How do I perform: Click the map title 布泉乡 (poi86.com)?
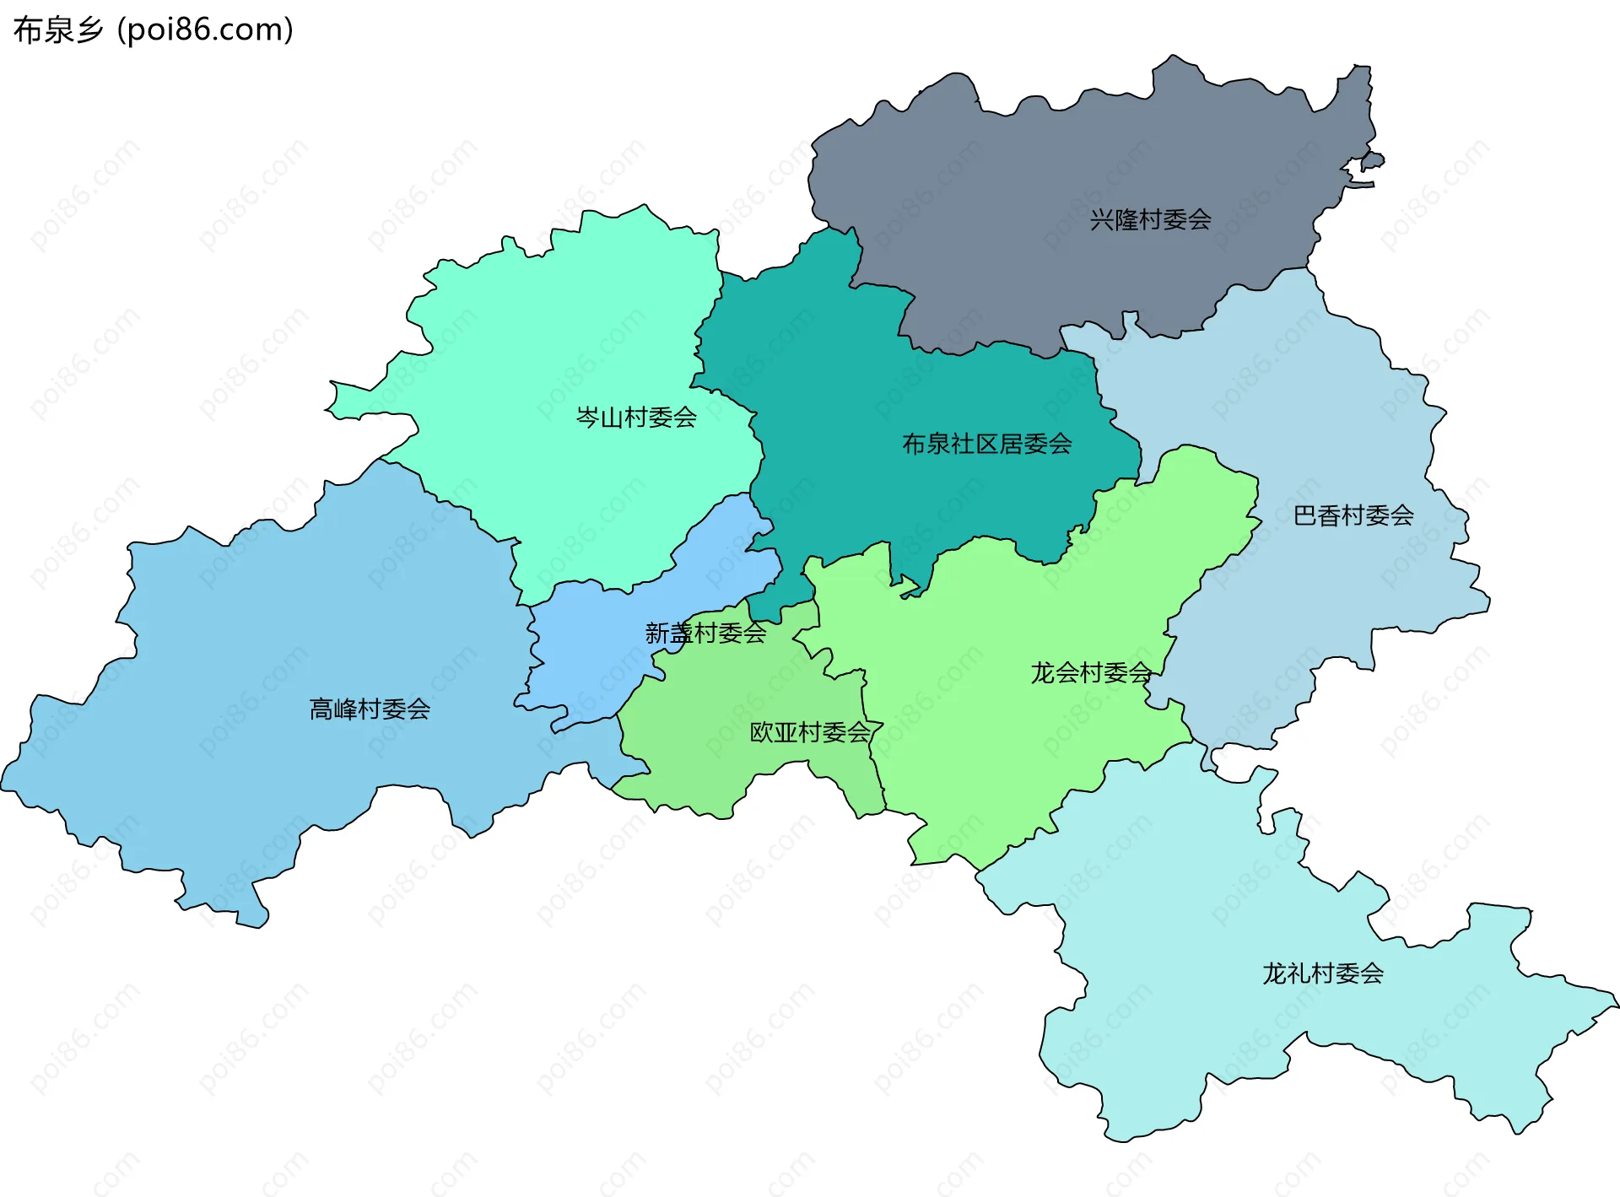click(x=154, y=30)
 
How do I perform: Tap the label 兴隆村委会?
click(x=1150, y=220)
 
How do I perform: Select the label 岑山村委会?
click(x=636, y=417)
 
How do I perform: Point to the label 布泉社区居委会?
click(x=987, y=444)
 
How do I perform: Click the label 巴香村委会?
click(x=1353, y=515)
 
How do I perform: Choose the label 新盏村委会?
click(x=705, y=633)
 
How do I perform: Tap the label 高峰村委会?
click(x=370, y=709)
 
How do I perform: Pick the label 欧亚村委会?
click(x=810, y=732)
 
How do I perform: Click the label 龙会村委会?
click(x=1091, y=672)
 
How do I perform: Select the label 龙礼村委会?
click(x=1322, y=973)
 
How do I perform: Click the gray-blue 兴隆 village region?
click(x=1055, y=152)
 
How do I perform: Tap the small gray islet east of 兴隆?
click(x=1373, y=159)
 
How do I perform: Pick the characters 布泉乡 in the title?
click(x=58, y=30)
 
